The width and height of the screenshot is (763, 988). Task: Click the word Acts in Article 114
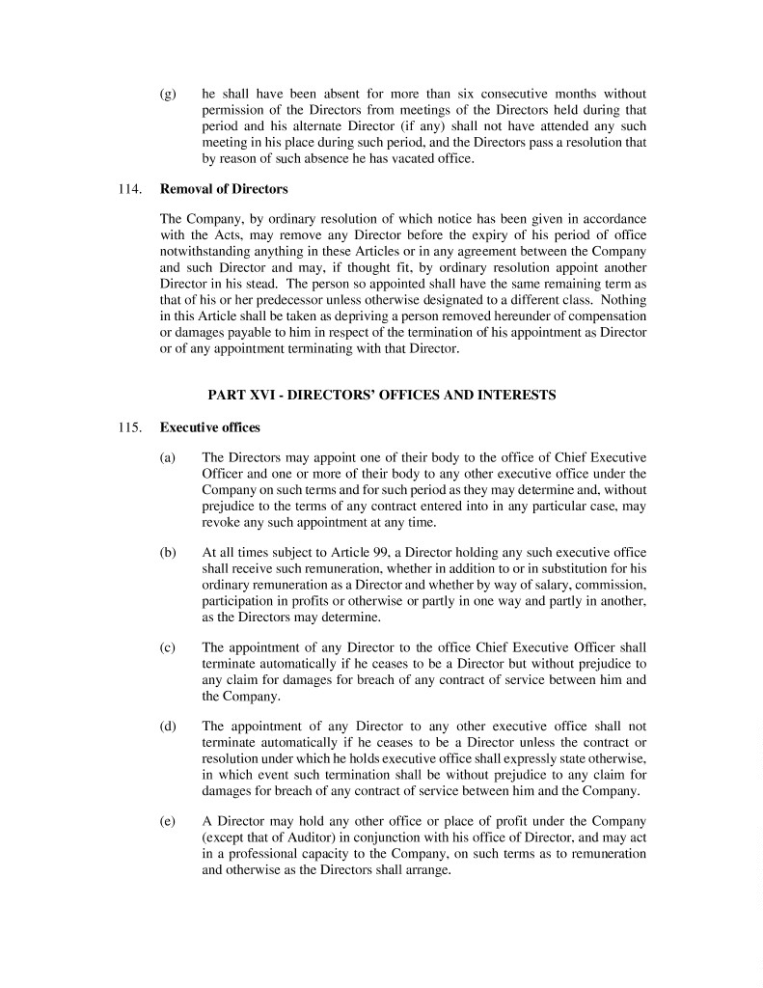(231, 235)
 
